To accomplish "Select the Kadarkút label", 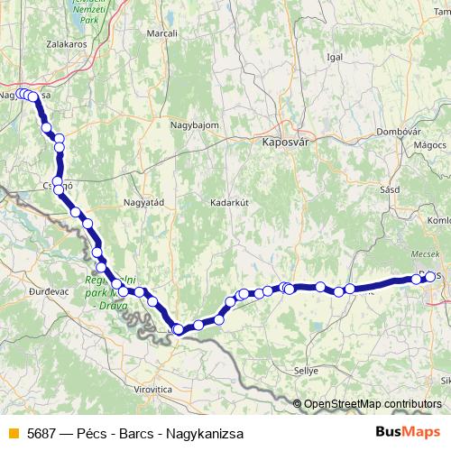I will tap(228, 202).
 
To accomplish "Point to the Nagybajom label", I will tap(194, 125).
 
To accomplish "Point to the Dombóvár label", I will tap(400, 132).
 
